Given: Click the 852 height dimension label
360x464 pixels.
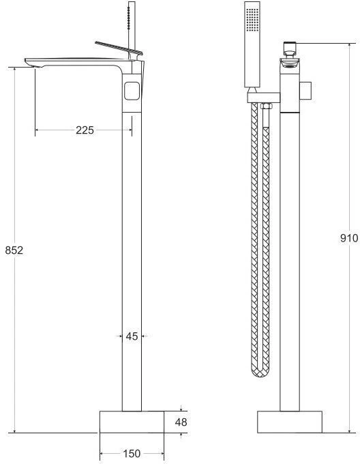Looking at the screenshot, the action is tap(14, 250).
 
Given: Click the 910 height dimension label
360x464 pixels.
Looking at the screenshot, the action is tap(349, 238).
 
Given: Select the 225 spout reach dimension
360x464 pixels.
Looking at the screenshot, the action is tap(85, 130).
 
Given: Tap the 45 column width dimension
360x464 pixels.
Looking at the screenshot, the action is tap(132, 336).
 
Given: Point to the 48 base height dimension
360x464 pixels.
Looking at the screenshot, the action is tap(181, 422).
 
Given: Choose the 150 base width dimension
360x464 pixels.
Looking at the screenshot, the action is tap(132, 453).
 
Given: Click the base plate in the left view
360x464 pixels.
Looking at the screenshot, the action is tap(132, 422).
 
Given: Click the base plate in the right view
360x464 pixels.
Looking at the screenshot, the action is tap(290, 422).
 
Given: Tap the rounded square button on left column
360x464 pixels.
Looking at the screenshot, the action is tap(132, 91).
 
